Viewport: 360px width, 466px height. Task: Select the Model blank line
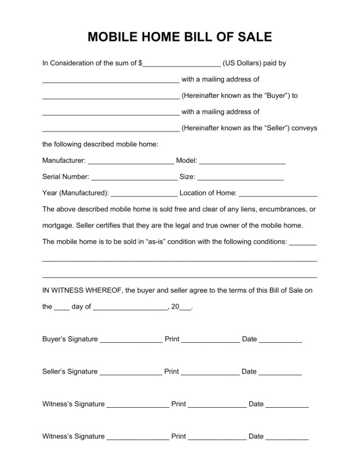(242, 161)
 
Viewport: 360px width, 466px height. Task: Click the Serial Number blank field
(134, 177)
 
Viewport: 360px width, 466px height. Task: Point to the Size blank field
(240, 177)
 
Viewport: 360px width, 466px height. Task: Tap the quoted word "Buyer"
(277, 96)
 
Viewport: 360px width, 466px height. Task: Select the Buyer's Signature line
(131, 340)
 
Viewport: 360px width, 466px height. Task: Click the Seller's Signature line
(131, 372)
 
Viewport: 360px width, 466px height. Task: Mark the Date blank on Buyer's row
(280, 340)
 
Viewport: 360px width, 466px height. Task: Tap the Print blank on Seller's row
(210, 372)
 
